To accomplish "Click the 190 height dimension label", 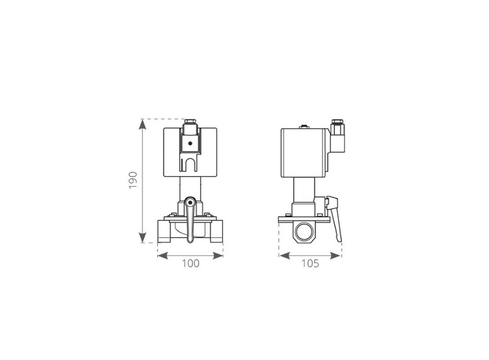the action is tap(133, 180).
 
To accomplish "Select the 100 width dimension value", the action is tap(190, 264).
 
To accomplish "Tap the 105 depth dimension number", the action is tap(310, 264).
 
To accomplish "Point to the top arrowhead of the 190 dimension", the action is tap(142, 124).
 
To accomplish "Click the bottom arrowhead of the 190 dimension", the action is tap(142, 238).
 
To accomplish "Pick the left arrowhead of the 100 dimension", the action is tap(163, 256).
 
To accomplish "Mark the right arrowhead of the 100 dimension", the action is tap(218, 256).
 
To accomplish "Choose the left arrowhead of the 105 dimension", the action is tap(284, 256).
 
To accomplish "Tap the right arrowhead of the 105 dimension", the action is tap(335, 256).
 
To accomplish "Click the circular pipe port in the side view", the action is tap(305, 232).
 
